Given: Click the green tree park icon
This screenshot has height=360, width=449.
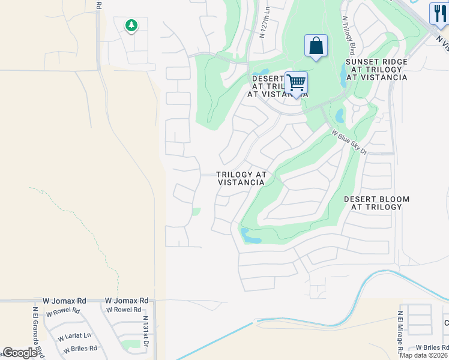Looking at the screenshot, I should [x=131, y=25].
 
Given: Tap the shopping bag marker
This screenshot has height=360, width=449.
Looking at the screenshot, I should [x=316, y=46].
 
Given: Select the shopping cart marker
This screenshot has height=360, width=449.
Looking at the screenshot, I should [x=296, y=82].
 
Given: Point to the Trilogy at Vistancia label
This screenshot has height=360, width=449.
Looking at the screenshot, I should [x=241, y=178].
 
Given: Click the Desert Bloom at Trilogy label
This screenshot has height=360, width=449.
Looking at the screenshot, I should [x=376, y=203].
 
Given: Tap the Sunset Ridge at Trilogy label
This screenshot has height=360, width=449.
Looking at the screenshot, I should [x=376, y=70].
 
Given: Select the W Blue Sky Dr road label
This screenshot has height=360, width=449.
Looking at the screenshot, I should [x=349, y=142].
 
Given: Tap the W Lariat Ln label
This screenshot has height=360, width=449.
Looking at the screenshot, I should [x=74, y=336].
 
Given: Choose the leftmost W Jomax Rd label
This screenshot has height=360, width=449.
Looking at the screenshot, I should [x=65, y=301].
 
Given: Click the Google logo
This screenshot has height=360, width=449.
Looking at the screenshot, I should [x=20, y=353].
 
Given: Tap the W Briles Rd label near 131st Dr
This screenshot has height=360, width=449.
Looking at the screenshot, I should [x=78, y=349].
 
